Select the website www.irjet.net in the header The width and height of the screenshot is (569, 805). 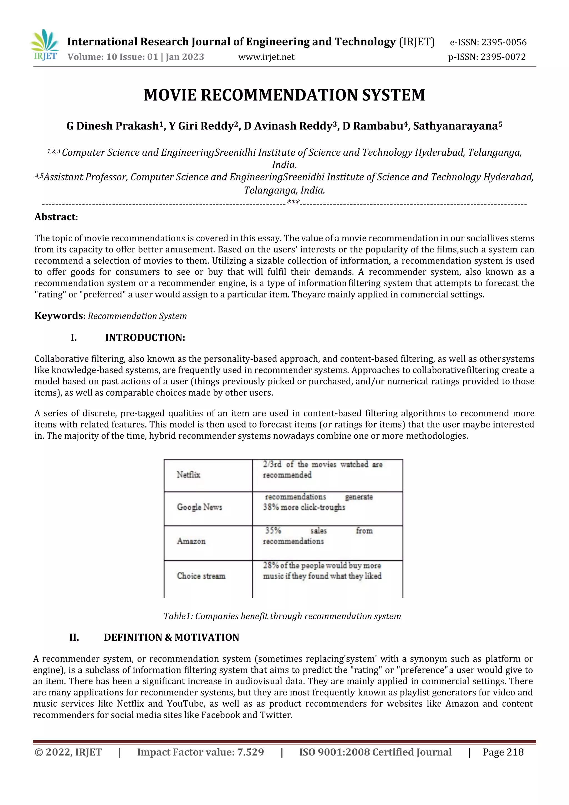coord(266,57)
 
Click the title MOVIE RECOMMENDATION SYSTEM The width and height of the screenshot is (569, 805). coord(284,95)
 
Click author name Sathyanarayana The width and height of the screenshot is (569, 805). coord(455,126)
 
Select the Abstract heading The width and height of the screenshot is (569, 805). coord(56,217)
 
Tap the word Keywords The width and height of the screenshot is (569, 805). coord(59,315)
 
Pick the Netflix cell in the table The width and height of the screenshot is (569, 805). coord(188,475)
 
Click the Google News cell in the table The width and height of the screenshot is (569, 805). coord(199,507)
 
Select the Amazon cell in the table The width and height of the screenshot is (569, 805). coord(191,541)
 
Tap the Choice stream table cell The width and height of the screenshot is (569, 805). coord(201,576)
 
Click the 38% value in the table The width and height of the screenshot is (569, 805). coord(271,507)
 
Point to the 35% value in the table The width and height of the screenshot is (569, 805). coord(273,530)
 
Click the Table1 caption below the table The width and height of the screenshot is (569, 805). coord(282,616)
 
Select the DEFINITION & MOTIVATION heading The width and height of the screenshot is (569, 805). coord(171,637)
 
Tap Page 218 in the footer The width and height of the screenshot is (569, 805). coord(503,752)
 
